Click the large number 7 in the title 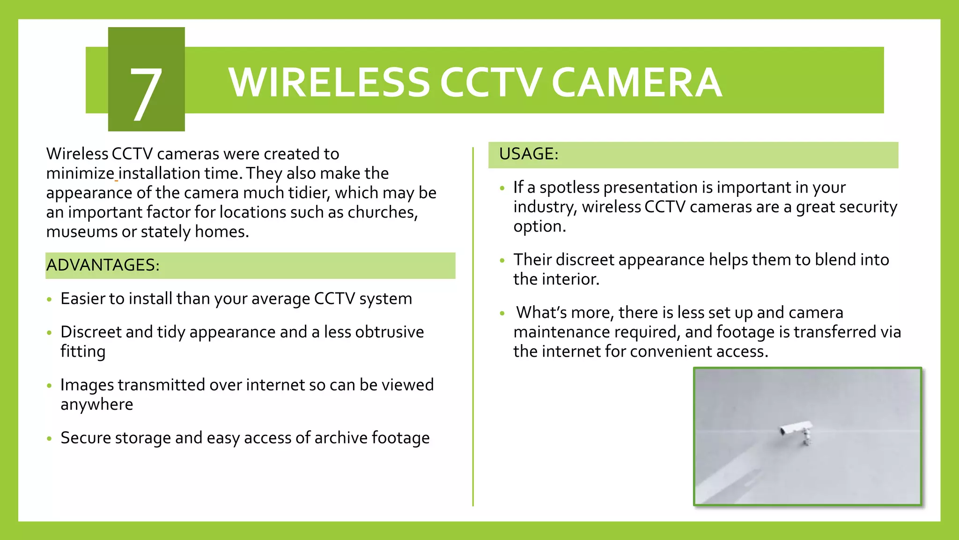[x=146, y=94]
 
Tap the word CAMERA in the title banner [x=636, y=82]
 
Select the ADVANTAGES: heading [x=103, y=265]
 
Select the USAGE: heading [x=529, y=154]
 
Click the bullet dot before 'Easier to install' [x=49, y=300]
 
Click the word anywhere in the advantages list [x=97, y=405]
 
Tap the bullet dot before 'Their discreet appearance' [x=502, y=261]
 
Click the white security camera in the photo [x=797, y=430]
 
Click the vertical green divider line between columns [x=473, y=328]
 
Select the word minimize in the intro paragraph [x=80, y=173]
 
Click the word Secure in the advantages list [x=86, y=438]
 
